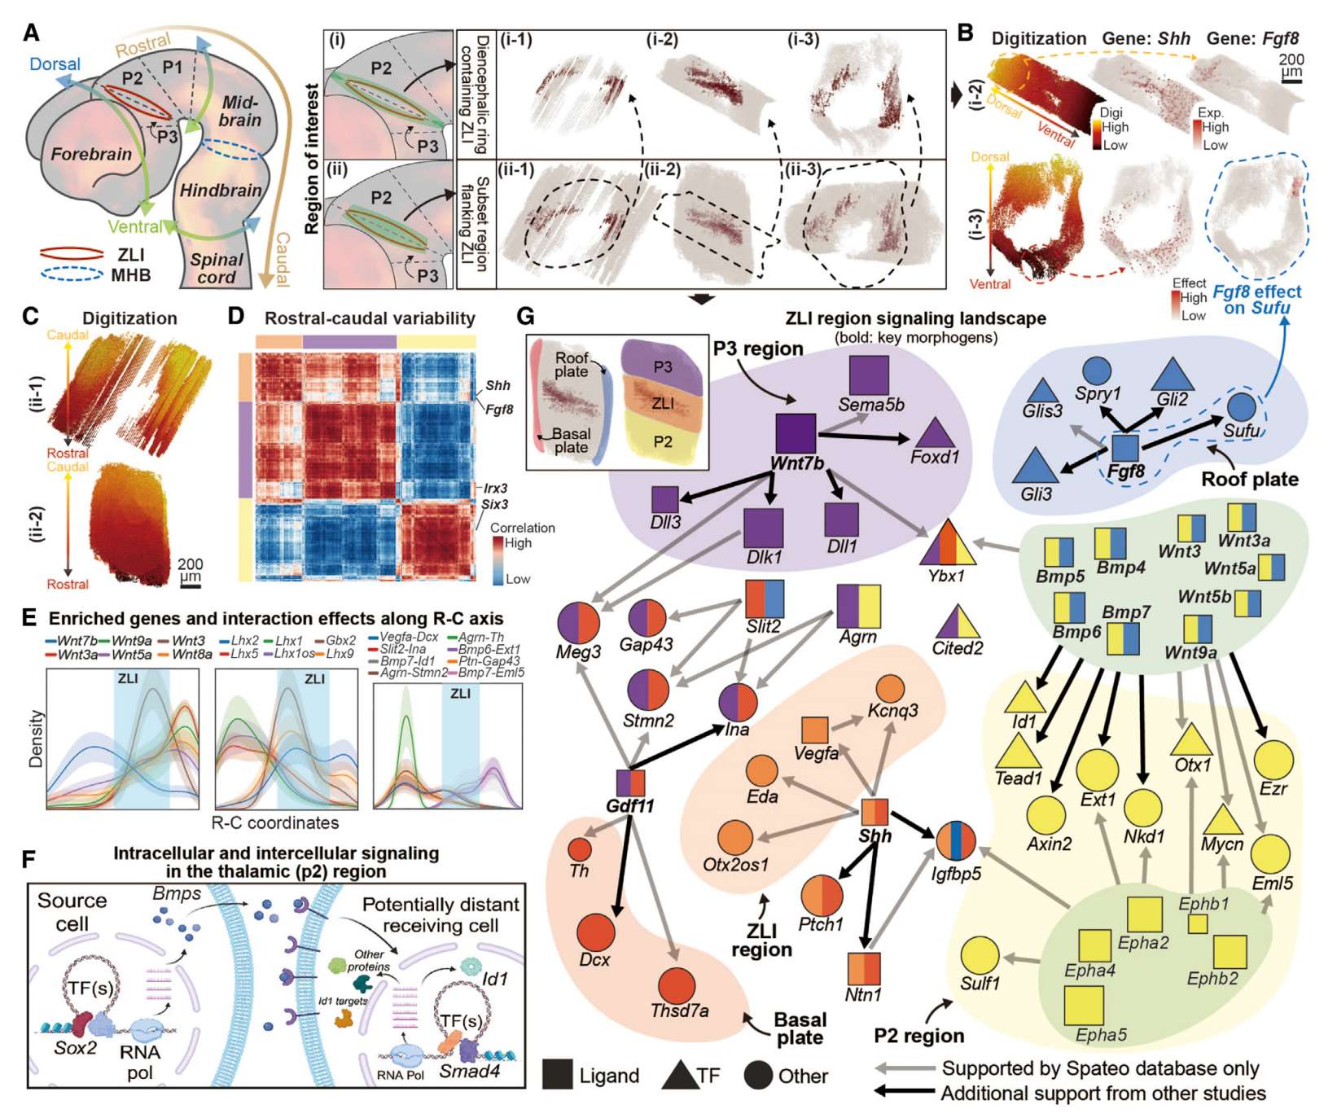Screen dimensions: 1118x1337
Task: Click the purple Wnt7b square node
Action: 796,433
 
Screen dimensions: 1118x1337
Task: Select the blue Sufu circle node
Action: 1240,406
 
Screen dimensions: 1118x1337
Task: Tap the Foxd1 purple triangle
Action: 935,432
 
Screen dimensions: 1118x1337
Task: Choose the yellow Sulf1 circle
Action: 980,955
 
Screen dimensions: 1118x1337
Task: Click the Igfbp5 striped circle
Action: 956,841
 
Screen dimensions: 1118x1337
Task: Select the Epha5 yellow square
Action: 1084,1005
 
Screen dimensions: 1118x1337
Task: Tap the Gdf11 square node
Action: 630,783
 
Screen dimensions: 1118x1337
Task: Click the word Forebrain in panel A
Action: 91,154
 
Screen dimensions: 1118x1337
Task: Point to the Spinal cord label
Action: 217,269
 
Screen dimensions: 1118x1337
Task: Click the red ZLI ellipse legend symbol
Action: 72,254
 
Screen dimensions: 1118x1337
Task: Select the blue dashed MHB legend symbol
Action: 72,275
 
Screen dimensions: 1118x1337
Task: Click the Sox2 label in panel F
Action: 75,1047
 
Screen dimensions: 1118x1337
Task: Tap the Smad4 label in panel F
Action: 469,1071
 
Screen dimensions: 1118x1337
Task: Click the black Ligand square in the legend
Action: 558,1075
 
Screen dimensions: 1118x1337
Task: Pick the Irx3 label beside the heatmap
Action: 495,488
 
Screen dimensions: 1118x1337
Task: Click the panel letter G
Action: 526,316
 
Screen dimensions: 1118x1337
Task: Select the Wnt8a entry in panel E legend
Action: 192,653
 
